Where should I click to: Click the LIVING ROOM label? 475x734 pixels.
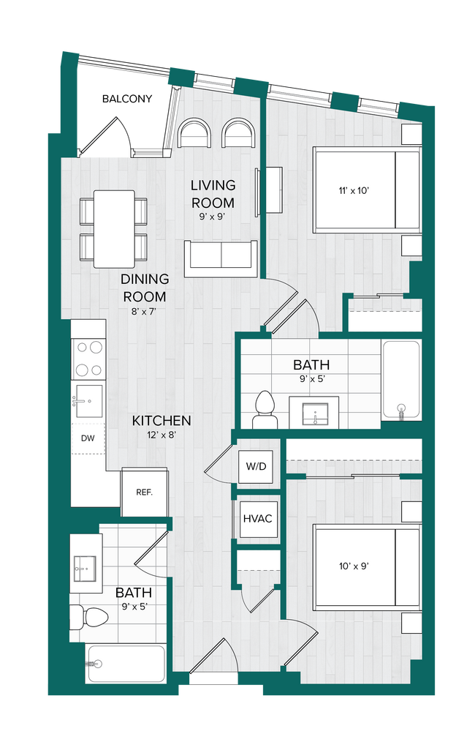[213, 194]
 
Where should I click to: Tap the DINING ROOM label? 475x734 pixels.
[144, 288]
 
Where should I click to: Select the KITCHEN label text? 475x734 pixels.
[161, 421]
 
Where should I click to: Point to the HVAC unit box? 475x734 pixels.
[257, 519]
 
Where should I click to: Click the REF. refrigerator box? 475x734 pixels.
[144, 492]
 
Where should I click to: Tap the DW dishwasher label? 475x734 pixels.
[88, 438]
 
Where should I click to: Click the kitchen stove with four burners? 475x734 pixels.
[88, 359]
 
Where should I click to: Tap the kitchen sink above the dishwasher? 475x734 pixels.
[88, 401]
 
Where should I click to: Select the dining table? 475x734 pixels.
[113, 228]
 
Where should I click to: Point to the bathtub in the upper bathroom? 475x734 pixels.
[401, 380]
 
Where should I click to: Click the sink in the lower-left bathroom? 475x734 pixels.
[85, 566]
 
